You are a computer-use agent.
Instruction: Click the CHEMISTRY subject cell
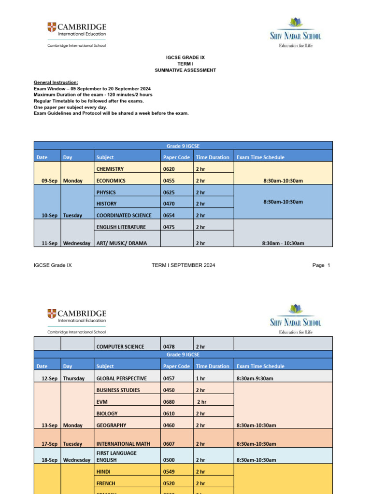[x=110, y=169]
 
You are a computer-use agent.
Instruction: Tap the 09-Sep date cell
[x=49, y=181]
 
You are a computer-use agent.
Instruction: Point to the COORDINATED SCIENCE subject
[x=124, y=216]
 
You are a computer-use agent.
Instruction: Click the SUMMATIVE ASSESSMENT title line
[x=185, y=70]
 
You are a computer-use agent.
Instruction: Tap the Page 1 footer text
[x=321, y=265]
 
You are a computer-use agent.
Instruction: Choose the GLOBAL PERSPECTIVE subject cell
[x=121, y=379]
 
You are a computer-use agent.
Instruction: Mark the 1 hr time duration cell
[x=200, y=379]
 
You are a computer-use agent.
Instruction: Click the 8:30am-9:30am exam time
[x=255, y=379]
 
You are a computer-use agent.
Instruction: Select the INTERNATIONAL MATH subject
[x=123, y=444]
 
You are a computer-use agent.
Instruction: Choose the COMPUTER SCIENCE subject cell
[x=120, y=346]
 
